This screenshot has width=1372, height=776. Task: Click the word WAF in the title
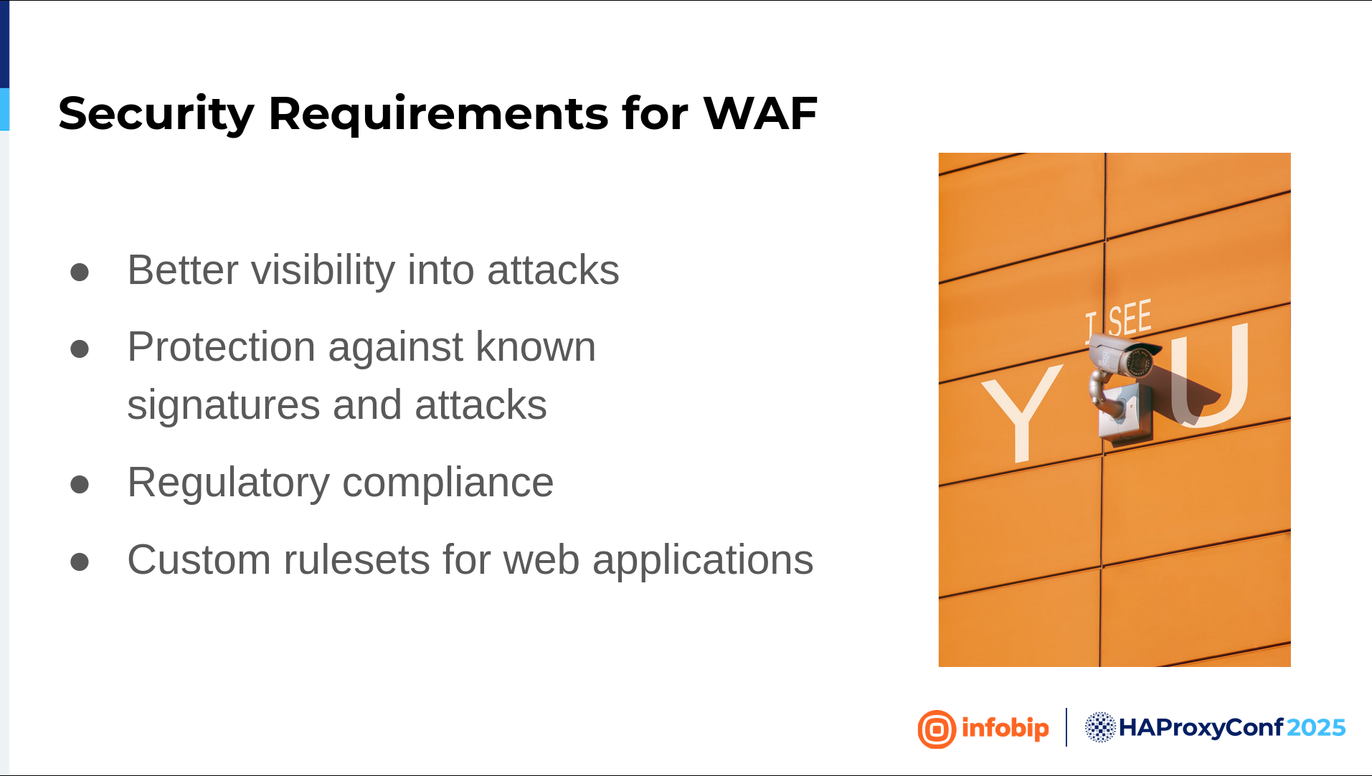pyautogui.click(x=760, y=113)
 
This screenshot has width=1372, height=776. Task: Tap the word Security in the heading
pyautogui.click(x=156, y=115)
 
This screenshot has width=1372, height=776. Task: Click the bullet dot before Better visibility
pyautogui.click(x=80, y=273)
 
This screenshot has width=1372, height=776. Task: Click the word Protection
pyautogui.click(x=221, y=347)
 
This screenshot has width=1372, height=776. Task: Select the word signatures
pyautogui.click(x=223, y=406)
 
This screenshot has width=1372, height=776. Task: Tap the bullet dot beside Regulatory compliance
pyautogui.click(x=80, y=485)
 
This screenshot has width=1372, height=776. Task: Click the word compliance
pyautogui.click(x=448, y=483)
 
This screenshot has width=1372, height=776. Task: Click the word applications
pyautogui.click(x=703, y=561)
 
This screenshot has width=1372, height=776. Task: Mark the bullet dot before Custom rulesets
pyautogui.click(x=80, y=562)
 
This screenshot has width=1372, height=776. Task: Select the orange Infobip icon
pyautogui.click(x=937, y=729)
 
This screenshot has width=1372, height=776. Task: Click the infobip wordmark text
pyautogui.click(x=1005, y=729)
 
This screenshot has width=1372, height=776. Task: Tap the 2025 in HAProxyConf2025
pyautogui.click(x=1316, y=728)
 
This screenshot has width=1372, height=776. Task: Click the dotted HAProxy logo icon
pyautogui.click(x=1100, y=727)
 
